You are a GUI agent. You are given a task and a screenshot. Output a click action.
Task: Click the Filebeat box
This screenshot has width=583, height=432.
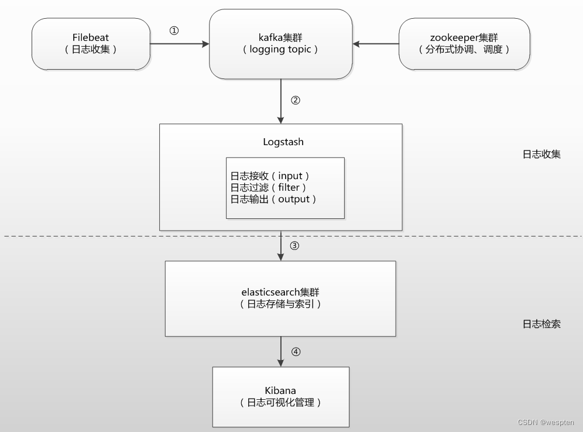tap(91, 44)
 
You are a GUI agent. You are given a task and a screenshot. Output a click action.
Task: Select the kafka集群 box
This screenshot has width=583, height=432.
tap(280, 44)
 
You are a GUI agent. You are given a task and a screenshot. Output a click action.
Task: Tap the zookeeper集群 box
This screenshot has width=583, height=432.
tap(464, 44)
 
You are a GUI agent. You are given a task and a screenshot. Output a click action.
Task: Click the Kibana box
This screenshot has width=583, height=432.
tap(280, 396)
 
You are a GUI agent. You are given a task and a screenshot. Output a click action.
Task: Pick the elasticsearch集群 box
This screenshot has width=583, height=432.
tap(280, 298)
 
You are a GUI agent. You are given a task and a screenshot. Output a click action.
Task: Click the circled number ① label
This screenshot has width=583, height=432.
tap(174, 31)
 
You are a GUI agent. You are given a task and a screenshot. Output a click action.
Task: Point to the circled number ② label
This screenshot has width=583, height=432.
tap(295, 100)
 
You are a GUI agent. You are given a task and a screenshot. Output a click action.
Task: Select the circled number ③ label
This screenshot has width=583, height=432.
tap(294, 246)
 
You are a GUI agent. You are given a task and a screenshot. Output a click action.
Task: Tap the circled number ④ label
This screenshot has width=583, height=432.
tap(296, 352)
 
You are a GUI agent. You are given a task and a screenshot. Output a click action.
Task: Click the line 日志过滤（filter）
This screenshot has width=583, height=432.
tap(269, 187)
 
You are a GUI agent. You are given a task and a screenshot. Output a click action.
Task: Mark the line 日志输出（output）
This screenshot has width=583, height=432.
tap(273, 199)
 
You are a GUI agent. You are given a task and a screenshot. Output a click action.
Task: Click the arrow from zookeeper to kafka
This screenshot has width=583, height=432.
tap(375, 44)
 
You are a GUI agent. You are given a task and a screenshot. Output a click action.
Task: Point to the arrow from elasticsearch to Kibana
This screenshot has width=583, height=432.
tap(281, 351)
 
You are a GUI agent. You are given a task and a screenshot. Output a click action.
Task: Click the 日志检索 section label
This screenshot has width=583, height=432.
tap(541, 324)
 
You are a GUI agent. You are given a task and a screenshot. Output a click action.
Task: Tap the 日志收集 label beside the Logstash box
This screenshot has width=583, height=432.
tap(541, 155)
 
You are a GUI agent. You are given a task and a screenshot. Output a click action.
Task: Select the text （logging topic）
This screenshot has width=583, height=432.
tap(280, 50)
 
